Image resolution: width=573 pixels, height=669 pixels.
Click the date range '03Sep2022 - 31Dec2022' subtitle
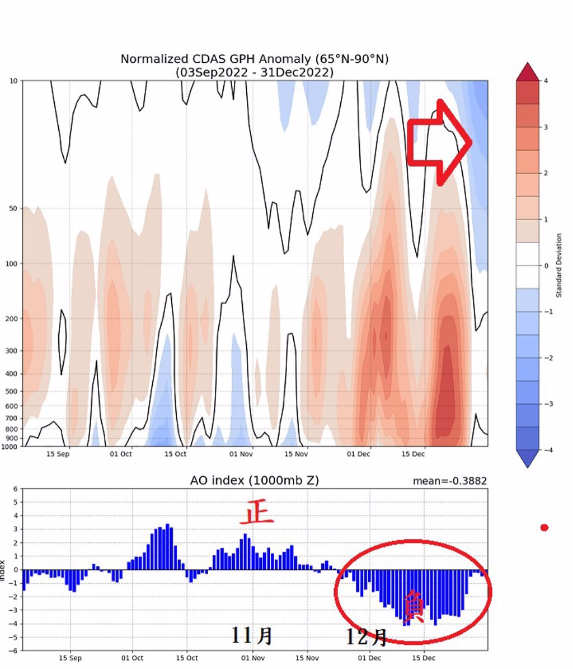[254, 73]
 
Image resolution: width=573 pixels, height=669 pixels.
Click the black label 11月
[252, 635]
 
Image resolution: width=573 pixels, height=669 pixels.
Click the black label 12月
[366, 637]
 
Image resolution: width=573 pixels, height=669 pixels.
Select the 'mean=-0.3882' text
[449, 481]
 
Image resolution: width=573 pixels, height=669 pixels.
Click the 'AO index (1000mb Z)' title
[255, 481]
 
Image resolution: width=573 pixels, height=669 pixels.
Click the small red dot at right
[544, 527]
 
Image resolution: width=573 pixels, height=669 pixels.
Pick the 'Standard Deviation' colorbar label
[558, 266]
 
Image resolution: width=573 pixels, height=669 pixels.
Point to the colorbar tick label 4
[546, 81]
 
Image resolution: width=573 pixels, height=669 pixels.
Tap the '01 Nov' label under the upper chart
[241, 454]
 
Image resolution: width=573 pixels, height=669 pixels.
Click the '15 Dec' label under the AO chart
[424, 658]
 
